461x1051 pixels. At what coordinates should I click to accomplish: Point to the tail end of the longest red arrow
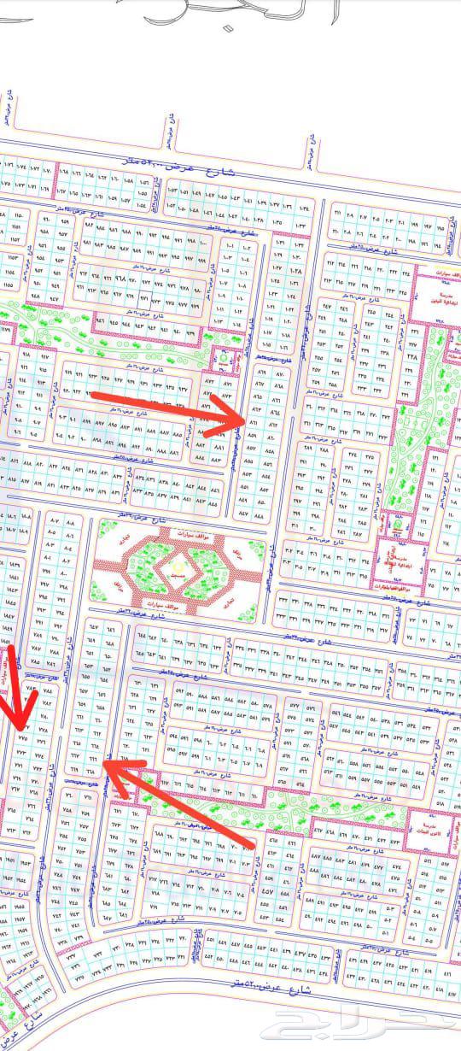(254, 845)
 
